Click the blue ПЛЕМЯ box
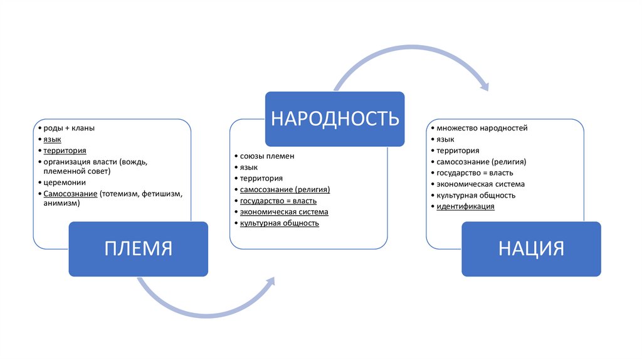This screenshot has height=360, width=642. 138,249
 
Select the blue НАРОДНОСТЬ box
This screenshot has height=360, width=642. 335,119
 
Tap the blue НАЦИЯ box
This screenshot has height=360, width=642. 531,249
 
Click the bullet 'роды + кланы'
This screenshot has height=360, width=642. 69,129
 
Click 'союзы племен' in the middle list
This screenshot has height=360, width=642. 267,155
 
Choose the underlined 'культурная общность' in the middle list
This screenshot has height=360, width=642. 280,223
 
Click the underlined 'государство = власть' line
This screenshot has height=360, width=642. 278,200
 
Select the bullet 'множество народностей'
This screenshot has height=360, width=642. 482,128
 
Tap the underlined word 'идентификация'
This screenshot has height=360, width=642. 466,206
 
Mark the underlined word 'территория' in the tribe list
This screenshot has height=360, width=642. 65,151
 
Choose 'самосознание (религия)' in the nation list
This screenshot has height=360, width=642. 481,162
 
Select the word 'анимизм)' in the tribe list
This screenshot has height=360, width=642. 61,203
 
